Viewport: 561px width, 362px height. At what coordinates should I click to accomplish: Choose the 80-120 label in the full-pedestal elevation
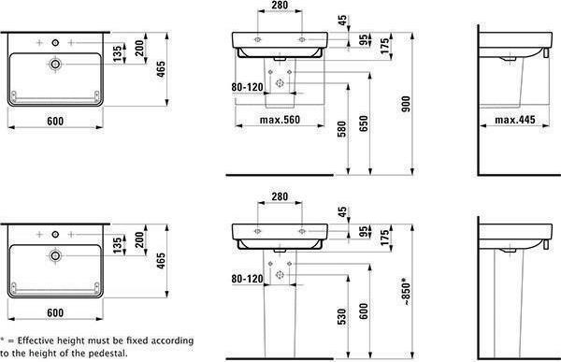(247, 278)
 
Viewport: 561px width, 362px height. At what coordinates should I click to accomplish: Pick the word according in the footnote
(171, 340)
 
